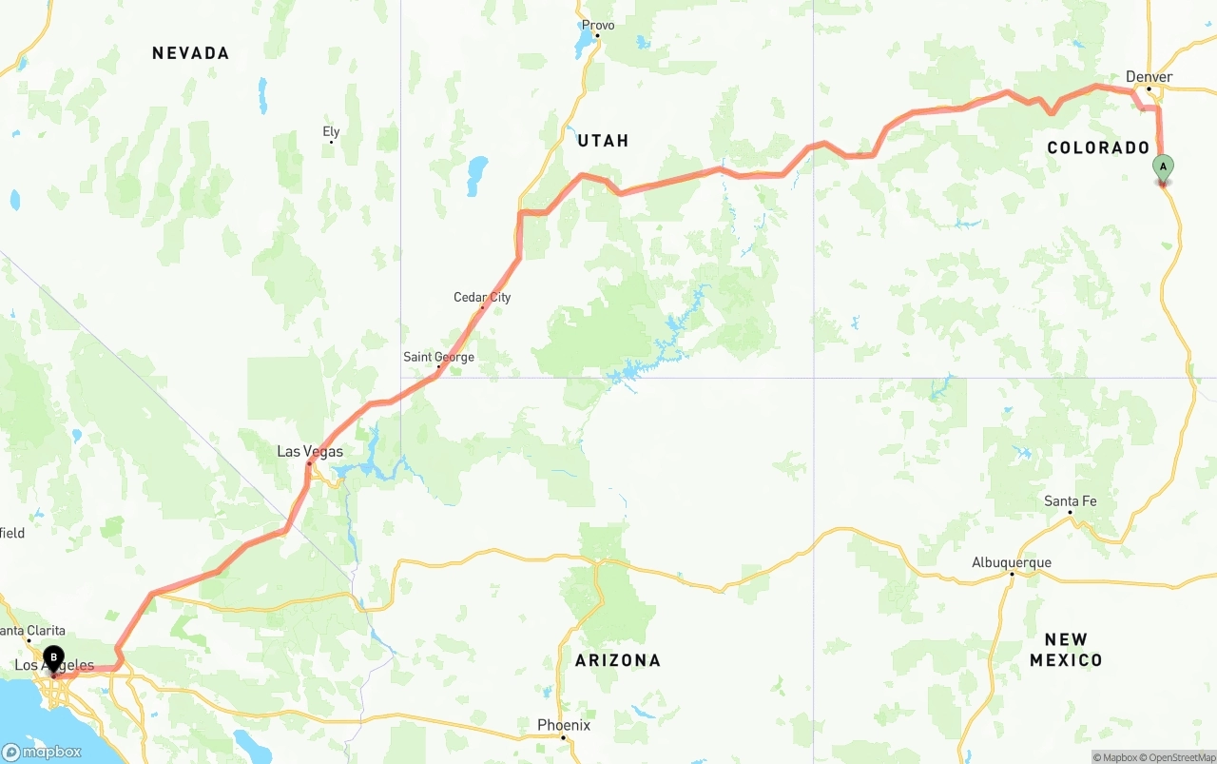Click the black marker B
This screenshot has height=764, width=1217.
54,657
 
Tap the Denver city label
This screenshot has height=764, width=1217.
1149,77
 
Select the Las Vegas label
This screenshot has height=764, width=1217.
310,451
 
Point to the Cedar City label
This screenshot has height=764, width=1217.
482,298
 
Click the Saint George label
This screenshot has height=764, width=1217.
438,358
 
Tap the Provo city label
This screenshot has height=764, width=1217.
598,26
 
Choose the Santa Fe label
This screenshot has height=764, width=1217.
1070,501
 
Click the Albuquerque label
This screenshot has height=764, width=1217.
1012,562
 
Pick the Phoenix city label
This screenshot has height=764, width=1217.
564,725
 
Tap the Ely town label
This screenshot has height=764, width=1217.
331,132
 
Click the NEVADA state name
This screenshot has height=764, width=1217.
191,53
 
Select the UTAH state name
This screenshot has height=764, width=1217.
604,141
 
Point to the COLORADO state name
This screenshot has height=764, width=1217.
1098,147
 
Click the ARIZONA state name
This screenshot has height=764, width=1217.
618,660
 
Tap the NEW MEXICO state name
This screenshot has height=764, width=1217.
1066,650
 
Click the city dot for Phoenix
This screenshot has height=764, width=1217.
563,737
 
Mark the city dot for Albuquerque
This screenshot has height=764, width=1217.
1012,574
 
